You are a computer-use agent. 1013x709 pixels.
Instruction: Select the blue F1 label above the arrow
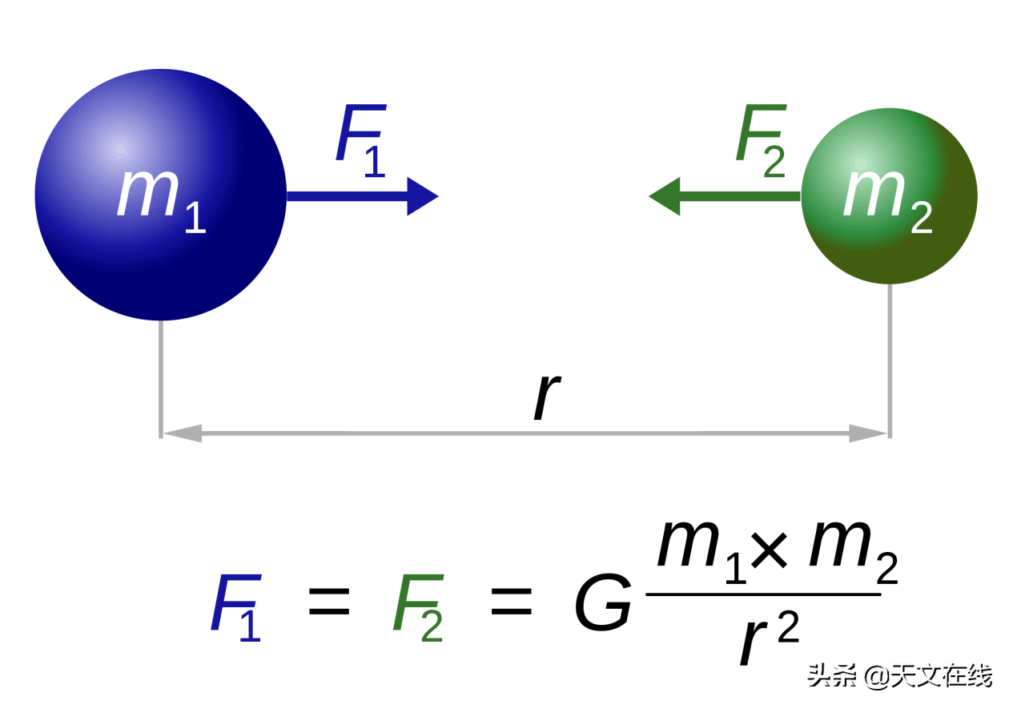point(361,140)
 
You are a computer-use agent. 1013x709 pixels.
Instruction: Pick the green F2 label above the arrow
point(761,140)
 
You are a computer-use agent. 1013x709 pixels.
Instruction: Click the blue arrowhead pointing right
point(422,196)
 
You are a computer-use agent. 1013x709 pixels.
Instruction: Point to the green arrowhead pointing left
point(665,196)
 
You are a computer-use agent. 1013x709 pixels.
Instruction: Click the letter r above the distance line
point(547,397)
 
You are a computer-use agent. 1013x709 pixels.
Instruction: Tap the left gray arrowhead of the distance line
point(183,433)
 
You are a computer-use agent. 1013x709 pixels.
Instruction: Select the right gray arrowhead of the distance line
point(868,433)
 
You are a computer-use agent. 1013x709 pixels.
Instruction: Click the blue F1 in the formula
point(236,607)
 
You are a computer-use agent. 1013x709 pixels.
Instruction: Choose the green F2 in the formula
point(418,607)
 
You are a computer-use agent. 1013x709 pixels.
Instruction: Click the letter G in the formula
point(603,602)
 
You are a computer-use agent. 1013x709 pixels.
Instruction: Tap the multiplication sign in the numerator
point(769,550)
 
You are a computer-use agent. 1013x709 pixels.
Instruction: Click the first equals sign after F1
point(329,602)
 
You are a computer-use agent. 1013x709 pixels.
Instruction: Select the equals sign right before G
point(512,602)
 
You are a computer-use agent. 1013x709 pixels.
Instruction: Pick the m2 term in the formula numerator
point(854,552)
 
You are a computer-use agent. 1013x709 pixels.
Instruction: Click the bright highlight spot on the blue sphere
point(120,148)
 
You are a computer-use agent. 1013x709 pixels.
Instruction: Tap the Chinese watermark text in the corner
point(900,676)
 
